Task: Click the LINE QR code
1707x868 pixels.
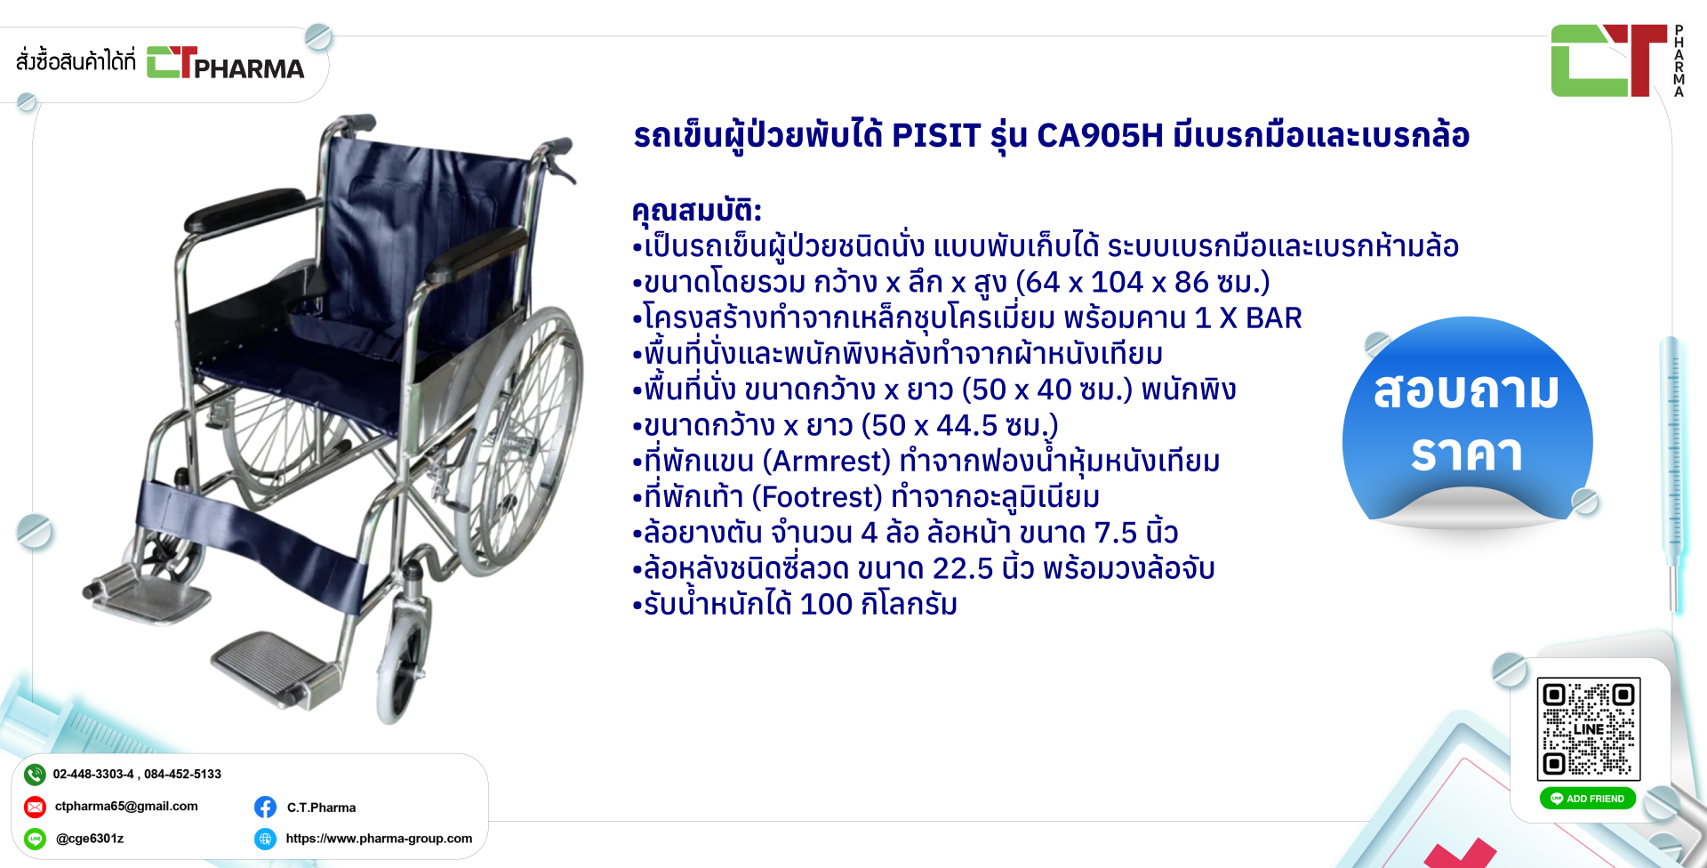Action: tap(1589, 728)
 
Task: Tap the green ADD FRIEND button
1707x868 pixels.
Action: tap(1588, 799)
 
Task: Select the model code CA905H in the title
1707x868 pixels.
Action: tap(1100, 135)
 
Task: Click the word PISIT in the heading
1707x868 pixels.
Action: tap(936, 135)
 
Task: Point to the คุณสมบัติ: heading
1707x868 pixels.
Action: tap(697, 211)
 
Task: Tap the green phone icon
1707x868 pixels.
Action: tap(35, 775)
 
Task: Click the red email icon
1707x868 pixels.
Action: tap(35, 807)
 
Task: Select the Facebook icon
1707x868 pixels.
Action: tap(265, 807)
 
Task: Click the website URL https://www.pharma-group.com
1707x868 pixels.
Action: tap(379, 839)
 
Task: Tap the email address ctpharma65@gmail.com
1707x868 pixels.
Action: tap(126, 807)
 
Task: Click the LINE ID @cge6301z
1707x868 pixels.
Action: tap(90, 839)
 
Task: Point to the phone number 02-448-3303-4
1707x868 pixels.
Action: tap(93, 775)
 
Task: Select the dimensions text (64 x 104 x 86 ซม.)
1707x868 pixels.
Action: tap(1142, 283)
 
